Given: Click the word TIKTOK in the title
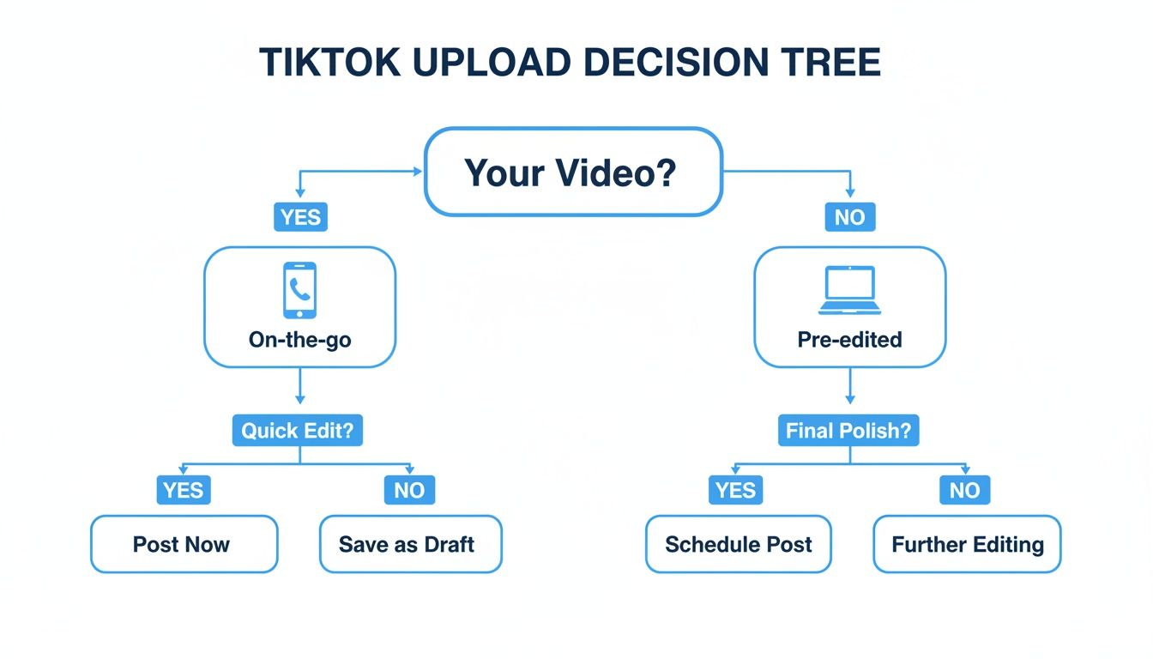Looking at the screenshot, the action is [x=330, y=63].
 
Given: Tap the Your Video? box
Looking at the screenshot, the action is [x=573, y=172].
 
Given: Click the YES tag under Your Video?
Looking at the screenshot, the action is [x=300, y=217].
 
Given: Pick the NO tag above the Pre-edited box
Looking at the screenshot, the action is [x=850, y=217].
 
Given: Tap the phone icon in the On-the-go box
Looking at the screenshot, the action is [x=299, y=290].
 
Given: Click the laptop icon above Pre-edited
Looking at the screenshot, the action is [x=850, y=290].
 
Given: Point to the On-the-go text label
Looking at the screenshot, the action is [x=299, y=340].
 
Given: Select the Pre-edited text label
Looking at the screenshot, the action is [x=850, y=340].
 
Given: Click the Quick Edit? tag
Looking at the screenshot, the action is [x=298, y=430].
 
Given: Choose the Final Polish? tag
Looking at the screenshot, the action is [x=848, y=430].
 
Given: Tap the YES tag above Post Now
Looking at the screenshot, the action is [x=184, y=490].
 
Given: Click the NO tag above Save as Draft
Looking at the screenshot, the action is [x=409, y=490].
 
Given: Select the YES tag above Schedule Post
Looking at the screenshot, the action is [x=735, y=490].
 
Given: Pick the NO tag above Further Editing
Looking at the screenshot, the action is [x=964, y=490].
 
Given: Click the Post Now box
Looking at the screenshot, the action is [x=184, y=544].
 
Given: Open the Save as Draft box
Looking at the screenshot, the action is [x=411, y=544].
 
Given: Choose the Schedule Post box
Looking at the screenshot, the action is [x=739, y=544].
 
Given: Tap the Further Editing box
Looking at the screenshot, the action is [x=967, y=544].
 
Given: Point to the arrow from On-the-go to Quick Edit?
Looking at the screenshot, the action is [x=300, y=386].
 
